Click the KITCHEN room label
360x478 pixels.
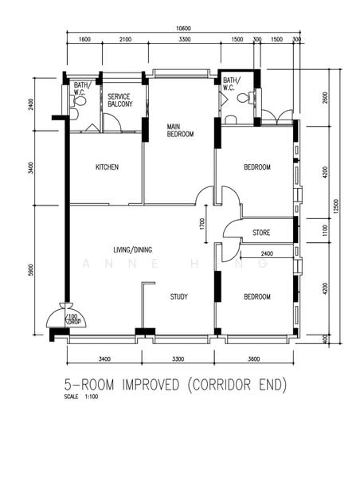coord(107,167)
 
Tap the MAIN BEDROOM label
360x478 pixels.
coord(180,130)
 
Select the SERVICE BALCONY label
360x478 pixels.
coord(120,100)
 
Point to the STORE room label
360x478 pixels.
coord(261,233)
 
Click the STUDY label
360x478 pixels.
coord(178,296)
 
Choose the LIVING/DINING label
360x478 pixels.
coord(132,250)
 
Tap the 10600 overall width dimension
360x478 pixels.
coord(183,29)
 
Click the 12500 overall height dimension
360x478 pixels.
coord(336,206)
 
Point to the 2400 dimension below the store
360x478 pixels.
coord(267,253)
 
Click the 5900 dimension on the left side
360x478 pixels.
coord(29,270)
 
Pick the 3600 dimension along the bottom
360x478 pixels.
coord(253,359)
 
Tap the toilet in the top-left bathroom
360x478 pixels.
coord(79,100)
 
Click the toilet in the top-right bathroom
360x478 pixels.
coord(245,98)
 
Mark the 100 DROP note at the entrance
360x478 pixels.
coord(72,319)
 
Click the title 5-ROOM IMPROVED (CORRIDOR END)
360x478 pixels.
coord(175,385)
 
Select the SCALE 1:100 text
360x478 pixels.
coord(81,397)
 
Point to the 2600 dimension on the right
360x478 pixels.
coord(325,97)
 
